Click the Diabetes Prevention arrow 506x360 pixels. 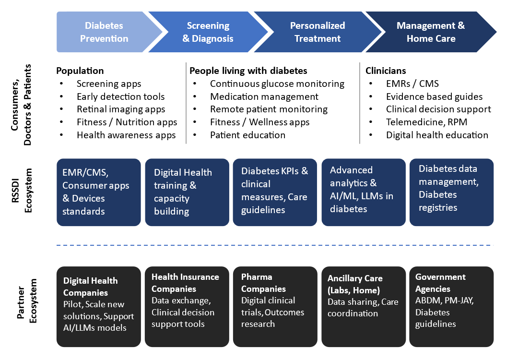[104, 32]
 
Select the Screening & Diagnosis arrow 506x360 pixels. [208, 32]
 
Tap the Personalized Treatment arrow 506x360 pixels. [317, 32]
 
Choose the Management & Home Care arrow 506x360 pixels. [431, 32]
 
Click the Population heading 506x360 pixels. [80, 71]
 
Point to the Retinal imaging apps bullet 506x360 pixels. [121, 109]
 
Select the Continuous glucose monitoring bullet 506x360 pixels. [277, 84]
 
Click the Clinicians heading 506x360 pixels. [386, 71]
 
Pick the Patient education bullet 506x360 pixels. [247, 135]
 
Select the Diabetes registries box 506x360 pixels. [451, 192]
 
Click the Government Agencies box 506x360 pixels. [451, 306]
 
